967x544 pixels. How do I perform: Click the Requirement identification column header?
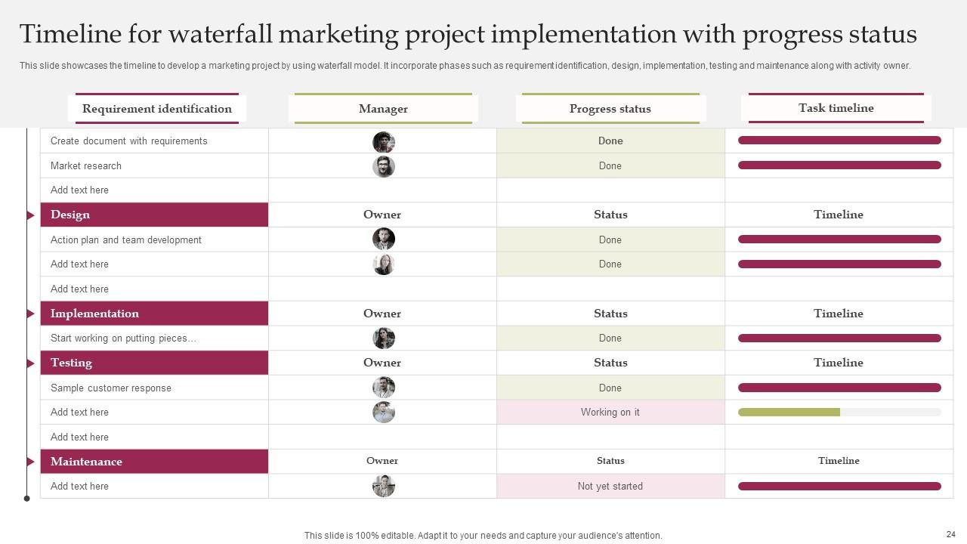pos(156,109)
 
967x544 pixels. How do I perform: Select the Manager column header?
pos(383,109)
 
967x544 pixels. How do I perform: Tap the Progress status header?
pos(610,109)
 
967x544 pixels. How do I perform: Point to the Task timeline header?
pos(836,108)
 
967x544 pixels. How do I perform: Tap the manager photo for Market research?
pos(384,166)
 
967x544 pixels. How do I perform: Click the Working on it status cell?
pos(610,413)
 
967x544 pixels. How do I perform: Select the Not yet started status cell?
pos(610,487)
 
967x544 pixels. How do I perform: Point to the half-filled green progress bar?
pos(789,413)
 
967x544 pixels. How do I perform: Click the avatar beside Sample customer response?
pos(384,388)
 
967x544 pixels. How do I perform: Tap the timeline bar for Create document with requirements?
pos(839,141)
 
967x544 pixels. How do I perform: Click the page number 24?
pos(950,534)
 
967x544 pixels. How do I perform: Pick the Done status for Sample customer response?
pos(610,388)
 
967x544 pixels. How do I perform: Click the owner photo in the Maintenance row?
pos(384,486)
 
